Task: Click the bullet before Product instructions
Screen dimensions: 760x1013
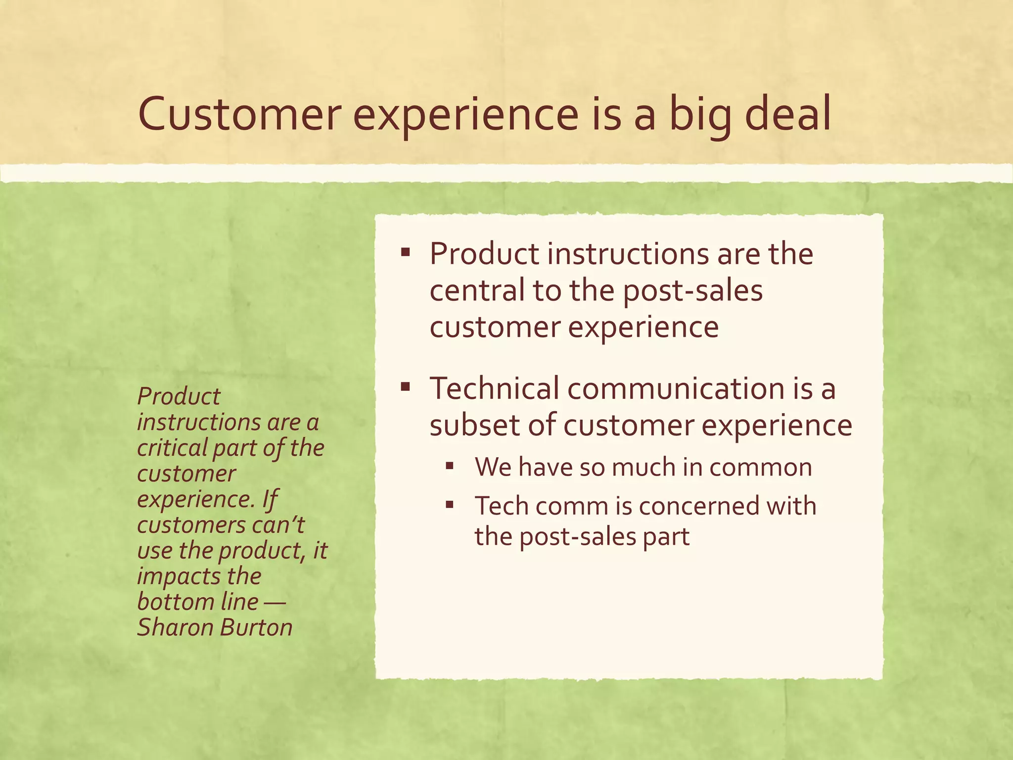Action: [x=406, y=253]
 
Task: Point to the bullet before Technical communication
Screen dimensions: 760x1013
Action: [x=406, y=386]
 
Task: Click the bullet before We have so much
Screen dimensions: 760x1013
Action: [x=449, y=465]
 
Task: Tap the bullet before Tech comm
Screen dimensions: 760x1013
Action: [x=449, y=505]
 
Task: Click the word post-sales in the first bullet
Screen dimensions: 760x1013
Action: [x=692, y=291]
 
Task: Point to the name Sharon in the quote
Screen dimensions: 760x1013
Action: [x=175, y=627]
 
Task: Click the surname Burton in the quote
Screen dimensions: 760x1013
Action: [x=256, y=627]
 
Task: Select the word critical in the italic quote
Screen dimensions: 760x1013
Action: [x=172, y=448]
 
